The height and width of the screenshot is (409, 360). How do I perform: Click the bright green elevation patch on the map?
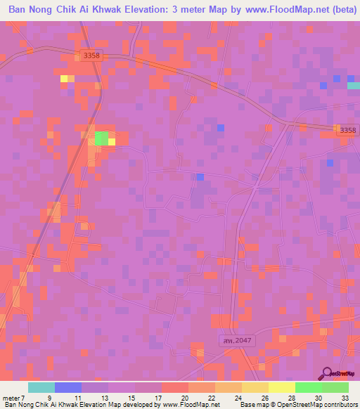(x=101, y=138)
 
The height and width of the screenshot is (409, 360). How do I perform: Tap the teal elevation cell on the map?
(x=354, y=86)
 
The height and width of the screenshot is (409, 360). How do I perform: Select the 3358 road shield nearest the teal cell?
(x=347, y=130)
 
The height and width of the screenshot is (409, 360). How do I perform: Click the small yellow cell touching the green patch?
(x=112, y=141)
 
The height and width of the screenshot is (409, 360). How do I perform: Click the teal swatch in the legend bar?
(x=41, y=387)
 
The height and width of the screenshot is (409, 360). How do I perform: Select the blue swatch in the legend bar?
(x=68, y=387)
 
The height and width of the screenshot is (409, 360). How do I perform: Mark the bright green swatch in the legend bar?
(x=308, y=387)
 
